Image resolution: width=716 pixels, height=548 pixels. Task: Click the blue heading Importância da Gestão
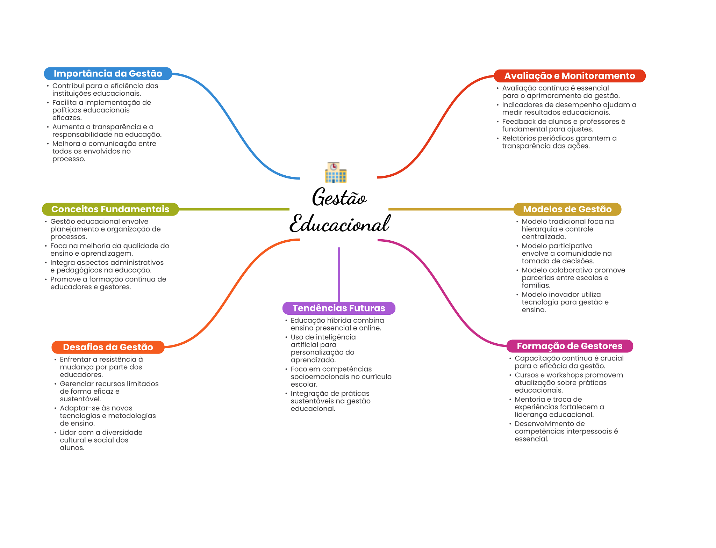[108, 74]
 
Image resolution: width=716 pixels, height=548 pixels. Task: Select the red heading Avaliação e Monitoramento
[570, 76]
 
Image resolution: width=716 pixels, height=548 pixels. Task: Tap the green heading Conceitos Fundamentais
[110, 209]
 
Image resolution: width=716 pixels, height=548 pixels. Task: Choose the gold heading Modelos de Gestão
[567, 209]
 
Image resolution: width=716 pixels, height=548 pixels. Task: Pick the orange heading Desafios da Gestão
[108, 347]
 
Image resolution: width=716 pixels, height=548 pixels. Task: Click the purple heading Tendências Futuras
[339, 308]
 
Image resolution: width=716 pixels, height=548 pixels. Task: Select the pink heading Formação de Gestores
[570, 346]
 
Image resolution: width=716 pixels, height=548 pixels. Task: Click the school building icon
[336, 172]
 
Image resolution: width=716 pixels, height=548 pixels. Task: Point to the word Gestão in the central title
[339, 197]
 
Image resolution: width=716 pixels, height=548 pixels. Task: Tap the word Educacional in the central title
[339, 224]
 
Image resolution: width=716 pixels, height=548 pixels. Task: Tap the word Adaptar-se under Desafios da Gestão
[79, 408]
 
